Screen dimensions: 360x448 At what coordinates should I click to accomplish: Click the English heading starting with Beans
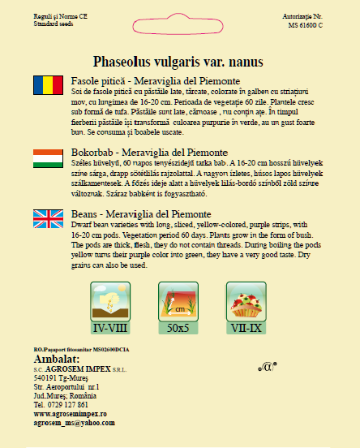tap(142, 214)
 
